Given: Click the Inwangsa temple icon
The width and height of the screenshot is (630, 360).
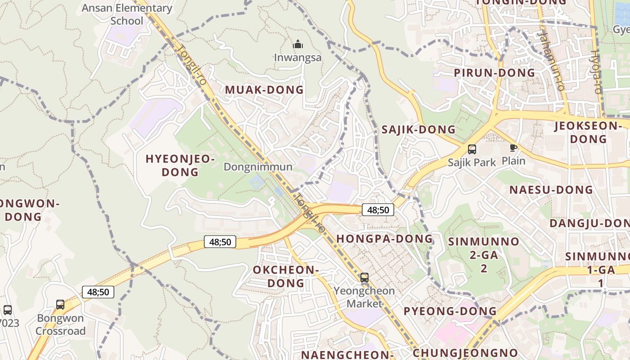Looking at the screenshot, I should pos(297,45).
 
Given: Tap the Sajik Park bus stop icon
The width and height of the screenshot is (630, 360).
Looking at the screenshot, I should pos(472,149).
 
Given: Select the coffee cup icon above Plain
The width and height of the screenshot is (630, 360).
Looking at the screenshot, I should pos(513,148).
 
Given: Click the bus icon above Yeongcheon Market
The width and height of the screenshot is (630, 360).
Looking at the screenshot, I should pos(364,278).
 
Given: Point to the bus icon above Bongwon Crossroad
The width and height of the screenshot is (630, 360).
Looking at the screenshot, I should pos(60,305).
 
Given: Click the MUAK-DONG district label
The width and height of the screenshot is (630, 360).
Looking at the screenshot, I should pos(264,90).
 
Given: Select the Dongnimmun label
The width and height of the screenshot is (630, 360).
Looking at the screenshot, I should pos(258,167).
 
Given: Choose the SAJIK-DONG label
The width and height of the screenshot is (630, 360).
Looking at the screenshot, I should pos(418,130).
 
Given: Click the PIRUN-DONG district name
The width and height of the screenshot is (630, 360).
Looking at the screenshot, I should pos(494,73).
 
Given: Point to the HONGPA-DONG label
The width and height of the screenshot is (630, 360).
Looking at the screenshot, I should pos(384,238).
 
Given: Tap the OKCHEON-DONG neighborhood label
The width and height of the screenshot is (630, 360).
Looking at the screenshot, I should pos(286,276).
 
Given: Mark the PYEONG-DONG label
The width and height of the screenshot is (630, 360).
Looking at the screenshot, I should pos(450,311).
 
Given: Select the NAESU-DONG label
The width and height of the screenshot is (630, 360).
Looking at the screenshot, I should pos(551,190).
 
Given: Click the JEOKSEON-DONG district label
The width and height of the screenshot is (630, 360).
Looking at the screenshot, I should pos(587,132).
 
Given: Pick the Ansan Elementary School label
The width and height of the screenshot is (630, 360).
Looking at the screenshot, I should pos(126,14).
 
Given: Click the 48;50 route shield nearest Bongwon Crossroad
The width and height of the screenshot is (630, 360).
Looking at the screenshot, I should pos(98,292).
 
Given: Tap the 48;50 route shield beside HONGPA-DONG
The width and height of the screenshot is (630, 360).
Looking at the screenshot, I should pos(378,210).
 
